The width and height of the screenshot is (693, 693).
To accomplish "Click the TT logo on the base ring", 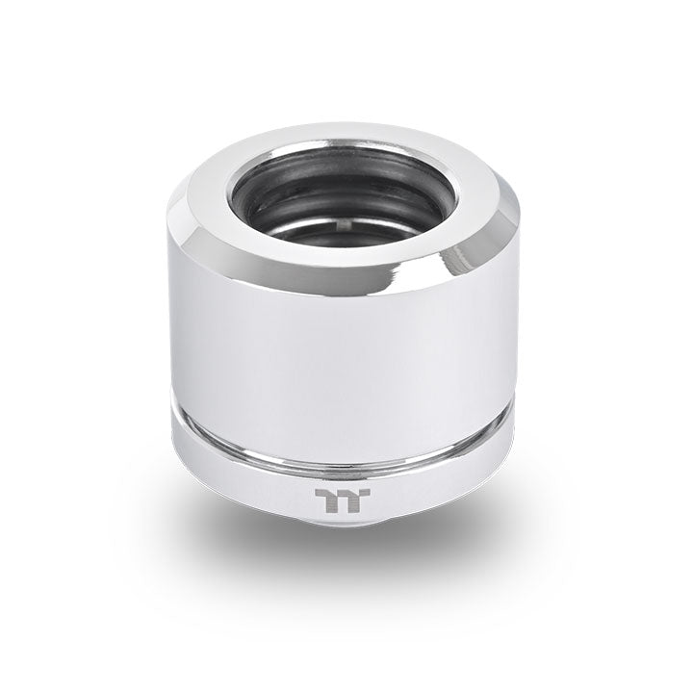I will [342, 498].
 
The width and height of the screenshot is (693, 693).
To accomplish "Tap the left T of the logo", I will [330, 498].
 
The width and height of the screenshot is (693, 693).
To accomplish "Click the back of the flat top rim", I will [346, 138].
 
